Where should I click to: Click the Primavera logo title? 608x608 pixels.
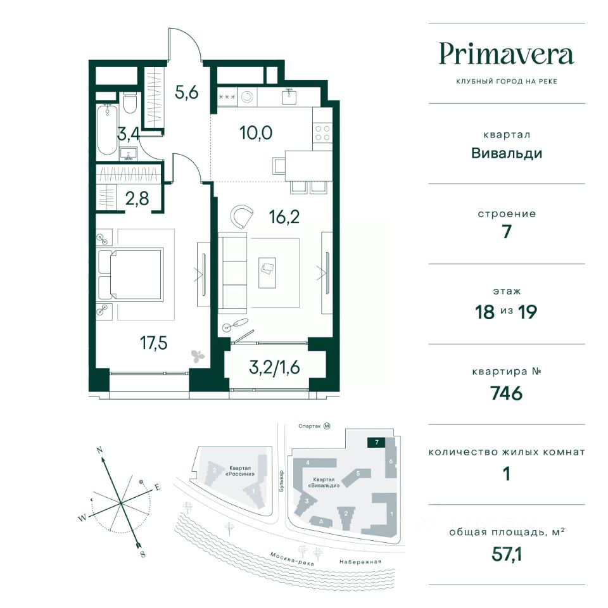507,55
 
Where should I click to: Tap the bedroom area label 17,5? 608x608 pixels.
153,343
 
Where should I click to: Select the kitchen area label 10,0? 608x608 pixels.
256,132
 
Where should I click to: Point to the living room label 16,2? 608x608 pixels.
284,217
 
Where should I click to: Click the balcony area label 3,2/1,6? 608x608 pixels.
274,367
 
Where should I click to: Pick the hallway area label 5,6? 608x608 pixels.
186,92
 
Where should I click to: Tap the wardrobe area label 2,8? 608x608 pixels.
137,198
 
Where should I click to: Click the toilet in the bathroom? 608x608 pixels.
129,103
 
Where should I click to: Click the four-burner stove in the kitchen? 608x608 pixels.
322,133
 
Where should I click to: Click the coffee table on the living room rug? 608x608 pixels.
267,273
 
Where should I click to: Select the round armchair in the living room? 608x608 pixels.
241,217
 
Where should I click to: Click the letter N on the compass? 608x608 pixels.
99,450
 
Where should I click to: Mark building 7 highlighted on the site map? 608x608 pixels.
376,443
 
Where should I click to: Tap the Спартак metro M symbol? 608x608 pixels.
327,426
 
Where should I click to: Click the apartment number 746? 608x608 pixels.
507,393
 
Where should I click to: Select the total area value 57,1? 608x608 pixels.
507,555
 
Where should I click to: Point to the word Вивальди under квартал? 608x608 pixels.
507,153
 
